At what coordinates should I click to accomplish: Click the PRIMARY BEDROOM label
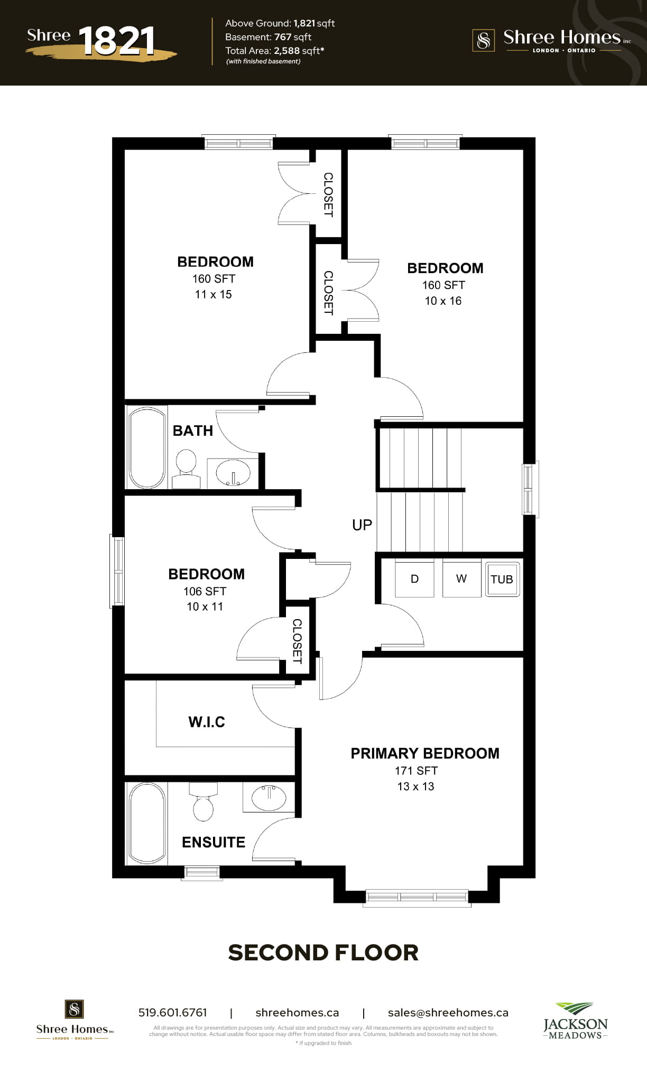425,753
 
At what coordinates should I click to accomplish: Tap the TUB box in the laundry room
502,579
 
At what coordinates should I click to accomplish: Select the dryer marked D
414,578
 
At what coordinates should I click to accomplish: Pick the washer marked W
461,578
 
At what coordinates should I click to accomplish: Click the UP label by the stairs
362,525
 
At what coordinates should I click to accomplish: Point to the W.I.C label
207,722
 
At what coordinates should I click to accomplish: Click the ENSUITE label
214,842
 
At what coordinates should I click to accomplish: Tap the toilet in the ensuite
203,801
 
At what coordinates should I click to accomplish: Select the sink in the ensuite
269,797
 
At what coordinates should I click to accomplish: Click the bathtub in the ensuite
147,823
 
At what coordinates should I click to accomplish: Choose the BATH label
193,431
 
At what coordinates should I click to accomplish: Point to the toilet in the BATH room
186,469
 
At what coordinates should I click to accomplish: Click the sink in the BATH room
233,472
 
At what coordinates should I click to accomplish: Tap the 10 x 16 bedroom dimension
443,301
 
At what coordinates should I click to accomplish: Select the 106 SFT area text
205,591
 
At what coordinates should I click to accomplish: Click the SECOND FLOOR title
323,952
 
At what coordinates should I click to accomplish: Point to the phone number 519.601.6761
173,1013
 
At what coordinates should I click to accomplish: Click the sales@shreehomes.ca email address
448,1013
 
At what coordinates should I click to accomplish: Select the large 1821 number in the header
117,41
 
